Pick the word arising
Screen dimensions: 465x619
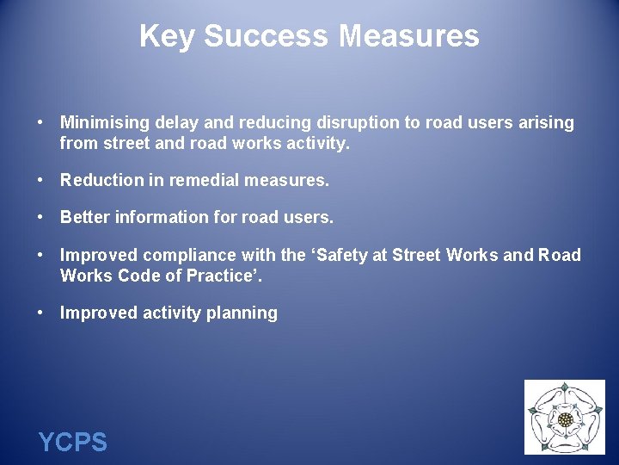click(x=546, y=122)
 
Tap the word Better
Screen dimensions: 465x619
click(x=84, y=217)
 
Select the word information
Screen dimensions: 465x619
click(x=155, y=217)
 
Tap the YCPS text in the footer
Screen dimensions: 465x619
click(x=72, y=443)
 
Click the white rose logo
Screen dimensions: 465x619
click(x=565, y=418)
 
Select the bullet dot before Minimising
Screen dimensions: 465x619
click(x=40, y=122)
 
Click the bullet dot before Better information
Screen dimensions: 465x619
click(x=40, y=217)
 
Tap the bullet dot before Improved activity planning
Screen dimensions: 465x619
click(x=40, y=313)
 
